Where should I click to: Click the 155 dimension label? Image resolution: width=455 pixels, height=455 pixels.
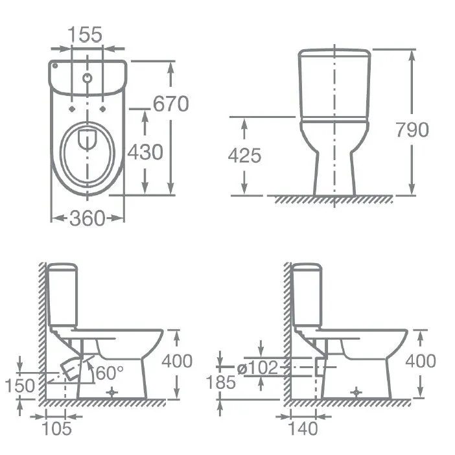(x=85, y=34)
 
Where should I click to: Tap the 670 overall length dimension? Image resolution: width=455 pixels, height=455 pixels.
(x=171, y=104)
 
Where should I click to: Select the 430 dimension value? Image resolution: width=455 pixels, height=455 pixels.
(x=145, y=152)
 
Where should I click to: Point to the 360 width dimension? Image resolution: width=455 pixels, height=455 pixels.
(x=87, y=218)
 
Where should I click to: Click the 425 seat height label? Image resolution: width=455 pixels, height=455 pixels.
(x=244, y=156)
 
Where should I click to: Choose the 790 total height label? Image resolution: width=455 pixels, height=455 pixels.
(x=412, y=130)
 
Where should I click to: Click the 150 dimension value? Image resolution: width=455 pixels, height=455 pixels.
(x=19, y=386)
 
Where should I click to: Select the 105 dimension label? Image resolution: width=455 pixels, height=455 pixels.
(x=57, y=428)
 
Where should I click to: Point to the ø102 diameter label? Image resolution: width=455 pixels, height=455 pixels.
(x=258, y=367)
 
